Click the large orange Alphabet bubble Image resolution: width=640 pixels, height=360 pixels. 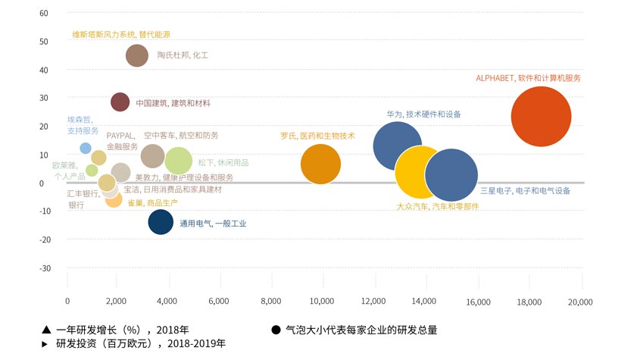(541, 117)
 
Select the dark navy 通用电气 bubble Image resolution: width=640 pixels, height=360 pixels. (161, 222)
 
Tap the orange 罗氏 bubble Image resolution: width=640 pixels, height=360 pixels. (320, 164)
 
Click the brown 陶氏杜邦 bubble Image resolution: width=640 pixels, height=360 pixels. (137, 55)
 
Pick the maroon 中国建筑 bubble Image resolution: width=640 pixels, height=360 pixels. (120, 102)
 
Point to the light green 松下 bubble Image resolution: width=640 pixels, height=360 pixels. (179, 161)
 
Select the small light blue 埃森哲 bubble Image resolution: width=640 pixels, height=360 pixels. (86, 148)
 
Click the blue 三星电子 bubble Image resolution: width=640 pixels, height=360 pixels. (451, 175)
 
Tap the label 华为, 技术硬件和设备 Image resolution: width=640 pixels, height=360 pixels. (423, 114)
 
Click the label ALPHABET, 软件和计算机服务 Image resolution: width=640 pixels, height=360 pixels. (528, 78)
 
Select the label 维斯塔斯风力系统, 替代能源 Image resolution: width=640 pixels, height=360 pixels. (121, 34)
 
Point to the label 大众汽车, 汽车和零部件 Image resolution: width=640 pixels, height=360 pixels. (438, 206)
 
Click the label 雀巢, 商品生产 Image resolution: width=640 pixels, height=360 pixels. (153, 202)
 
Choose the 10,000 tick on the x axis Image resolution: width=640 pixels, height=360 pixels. (322, 302)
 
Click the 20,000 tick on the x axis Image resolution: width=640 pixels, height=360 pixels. (580, 302)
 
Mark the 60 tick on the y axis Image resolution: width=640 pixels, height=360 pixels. (44, 13)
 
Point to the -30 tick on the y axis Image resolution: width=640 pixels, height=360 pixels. (45, 268)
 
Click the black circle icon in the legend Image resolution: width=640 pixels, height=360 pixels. (276, 330)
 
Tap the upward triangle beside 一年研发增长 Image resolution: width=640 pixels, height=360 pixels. (46, 330)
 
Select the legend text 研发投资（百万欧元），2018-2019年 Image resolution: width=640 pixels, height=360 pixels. (141, 343)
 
